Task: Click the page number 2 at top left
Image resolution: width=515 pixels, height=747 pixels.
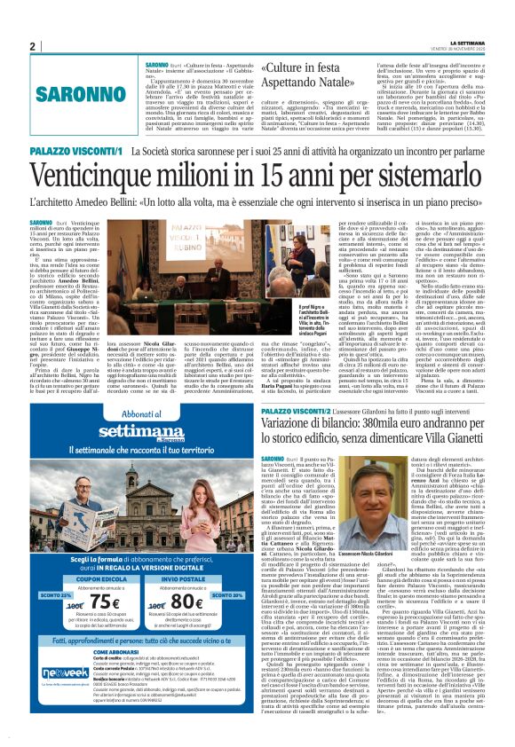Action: pyautogui.click(x=32, y=46)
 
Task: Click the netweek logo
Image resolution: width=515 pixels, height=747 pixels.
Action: pyautogui.click(x=51, y=698)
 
